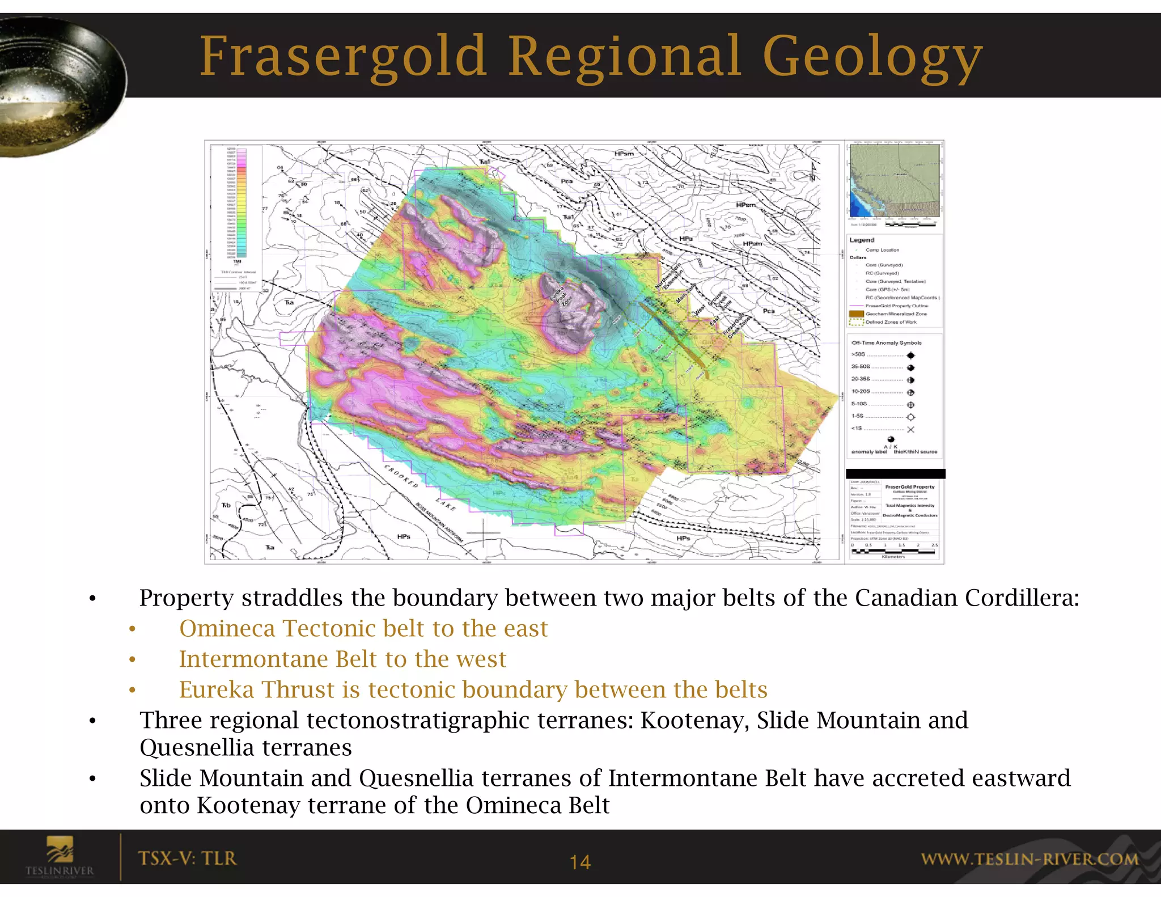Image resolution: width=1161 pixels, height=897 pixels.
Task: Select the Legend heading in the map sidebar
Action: click(x=862, y=240)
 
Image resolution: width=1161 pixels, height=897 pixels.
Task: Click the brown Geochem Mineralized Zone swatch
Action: click(x=856, y=314)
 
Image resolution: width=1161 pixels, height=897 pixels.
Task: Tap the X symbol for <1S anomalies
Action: click(x=910, y=429)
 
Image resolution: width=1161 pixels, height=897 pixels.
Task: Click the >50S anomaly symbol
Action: click(x=910, y=356)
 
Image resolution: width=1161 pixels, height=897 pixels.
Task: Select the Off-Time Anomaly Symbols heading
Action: click(x=886, y=343)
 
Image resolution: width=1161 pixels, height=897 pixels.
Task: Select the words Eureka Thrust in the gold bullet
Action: click(x=257, y=689)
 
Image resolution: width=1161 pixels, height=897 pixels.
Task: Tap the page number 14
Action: click(x=580, y=862)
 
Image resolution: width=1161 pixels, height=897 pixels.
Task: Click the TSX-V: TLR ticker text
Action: click(x=187, y=858)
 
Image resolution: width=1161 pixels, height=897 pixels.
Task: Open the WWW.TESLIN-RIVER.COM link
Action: click(x=1029, y=859)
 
